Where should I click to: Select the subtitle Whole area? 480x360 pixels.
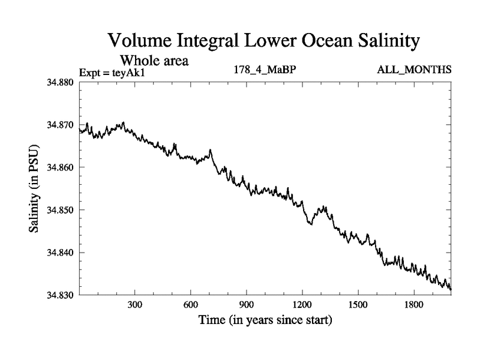[155, 60]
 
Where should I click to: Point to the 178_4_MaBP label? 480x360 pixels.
[265, 70]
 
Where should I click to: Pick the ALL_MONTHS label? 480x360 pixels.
[414, 70]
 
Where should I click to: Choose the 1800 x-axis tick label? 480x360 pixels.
[413, 305]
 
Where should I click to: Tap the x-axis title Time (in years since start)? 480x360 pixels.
[265, 321]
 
